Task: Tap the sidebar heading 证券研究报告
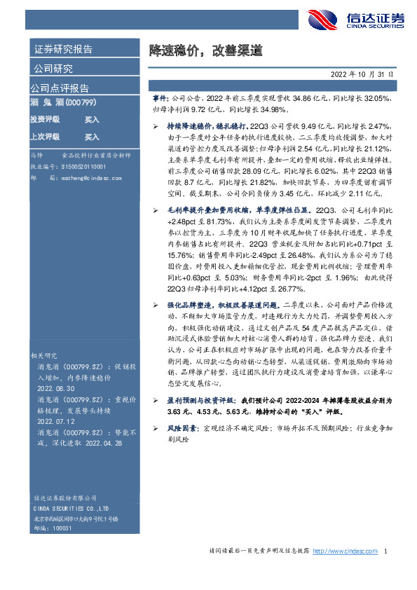pos(63,49)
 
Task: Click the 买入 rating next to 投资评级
pos(92,120)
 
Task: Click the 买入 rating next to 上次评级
pos(92,137)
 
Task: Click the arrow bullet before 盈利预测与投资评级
pos(155,397)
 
